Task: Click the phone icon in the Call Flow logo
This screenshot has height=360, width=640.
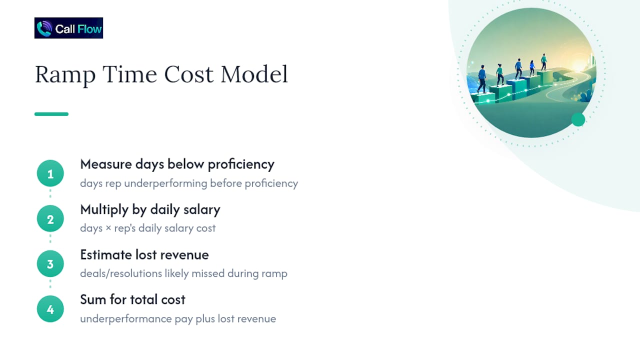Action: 44,28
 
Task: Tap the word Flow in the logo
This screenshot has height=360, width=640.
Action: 89,29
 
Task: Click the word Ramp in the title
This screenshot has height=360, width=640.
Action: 65,75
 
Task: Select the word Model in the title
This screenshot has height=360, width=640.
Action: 254,74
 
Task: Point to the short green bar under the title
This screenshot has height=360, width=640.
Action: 51,114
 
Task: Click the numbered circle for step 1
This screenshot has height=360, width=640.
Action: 50,173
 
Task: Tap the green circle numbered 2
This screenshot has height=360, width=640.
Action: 50,218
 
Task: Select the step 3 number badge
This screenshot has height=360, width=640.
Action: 50,263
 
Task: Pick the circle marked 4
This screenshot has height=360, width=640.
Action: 50,309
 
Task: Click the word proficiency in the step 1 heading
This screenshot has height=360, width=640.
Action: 241,165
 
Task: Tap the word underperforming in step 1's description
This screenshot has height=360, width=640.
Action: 165,183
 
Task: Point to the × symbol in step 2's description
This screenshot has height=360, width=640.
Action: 108,228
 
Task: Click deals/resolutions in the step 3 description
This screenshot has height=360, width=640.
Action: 121,273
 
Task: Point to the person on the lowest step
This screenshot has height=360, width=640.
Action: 481,79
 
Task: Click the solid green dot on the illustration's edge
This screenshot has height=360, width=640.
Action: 578,119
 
